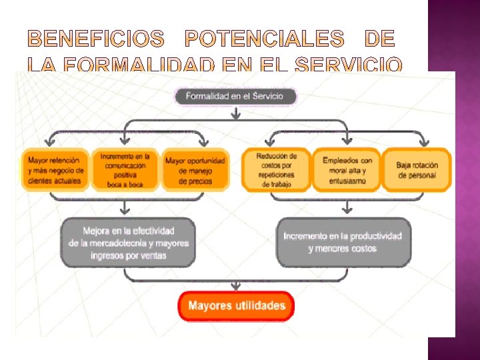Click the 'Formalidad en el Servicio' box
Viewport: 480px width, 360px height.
235,96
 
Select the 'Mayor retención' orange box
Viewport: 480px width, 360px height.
55,170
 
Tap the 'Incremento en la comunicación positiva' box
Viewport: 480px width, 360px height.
125,170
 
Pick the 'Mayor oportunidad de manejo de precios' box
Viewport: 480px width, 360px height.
195,170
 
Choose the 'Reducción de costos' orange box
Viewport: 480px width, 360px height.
276,170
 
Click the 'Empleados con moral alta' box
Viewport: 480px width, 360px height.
347,170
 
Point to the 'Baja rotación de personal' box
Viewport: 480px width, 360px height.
417,170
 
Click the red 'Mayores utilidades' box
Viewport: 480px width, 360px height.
236,306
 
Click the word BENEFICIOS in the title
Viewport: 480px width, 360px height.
96,40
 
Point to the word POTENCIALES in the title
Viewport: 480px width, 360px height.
264,40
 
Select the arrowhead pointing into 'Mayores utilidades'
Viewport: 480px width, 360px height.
236,287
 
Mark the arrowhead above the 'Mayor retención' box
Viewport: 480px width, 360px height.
49,141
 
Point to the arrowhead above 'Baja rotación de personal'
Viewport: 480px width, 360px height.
423,141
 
